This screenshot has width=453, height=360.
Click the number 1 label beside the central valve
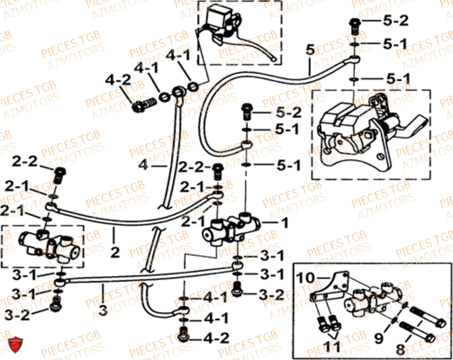(284, 223)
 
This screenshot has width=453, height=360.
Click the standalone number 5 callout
(309, 51)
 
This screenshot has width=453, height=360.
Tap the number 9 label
(378, 338)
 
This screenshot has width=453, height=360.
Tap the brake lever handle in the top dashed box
(254, 48)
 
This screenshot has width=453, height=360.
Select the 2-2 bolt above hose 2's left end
(59, 174)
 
